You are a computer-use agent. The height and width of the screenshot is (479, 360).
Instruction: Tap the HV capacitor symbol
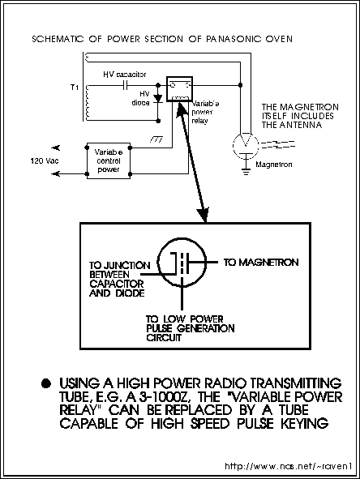click(125, 85)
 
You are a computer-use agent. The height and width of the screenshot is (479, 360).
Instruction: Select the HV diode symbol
click(158, 98)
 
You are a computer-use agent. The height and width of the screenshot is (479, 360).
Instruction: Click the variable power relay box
click(179, 89)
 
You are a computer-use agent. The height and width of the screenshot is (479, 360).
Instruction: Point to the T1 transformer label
click(75, 88)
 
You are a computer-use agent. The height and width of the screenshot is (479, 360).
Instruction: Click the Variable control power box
click(109, 160)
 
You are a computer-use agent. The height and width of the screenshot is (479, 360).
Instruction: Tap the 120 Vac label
click(45, 161)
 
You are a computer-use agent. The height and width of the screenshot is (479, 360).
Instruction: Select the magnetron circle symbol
click(246, 145)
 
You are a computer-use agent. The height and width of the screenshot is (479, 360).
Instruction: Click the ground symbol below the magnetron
click(246, 171)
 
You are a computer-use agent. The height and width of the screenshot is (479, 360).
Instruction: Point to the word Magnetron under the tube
click(274, 165)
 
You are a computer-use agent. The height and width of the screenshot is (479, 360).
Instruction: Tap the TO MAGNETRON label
click(261, 263)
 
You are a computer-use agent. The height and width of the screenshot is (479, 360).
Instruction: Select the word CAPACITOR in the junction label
click(117, 284)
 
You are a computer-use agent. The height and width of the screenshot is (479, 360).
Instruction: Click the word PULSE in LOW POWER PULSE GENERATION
click(161, 329)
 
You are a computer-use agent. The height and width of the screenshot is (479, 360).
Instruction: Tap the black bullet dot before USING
click(46, 383)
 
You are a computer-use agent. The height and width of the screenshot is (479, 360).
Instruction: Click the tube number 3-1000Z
click(165, 397)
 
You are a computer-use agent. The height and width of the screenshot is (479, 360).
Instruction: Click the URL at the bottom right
click(289, 466)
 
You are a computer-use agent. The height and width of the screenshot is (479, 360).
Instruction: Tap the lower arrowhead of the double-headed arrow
click(204, 215)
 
